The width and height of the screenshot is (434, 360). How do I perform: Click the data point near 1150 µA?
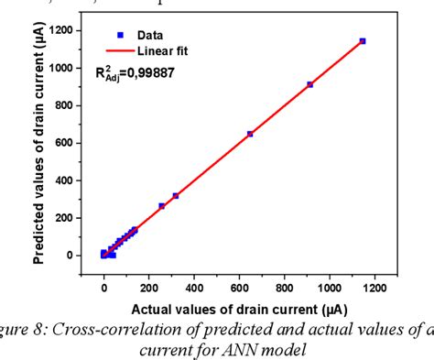pos(363,41)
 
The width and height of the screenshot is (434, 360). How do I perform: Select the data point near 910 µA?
pos(309,84)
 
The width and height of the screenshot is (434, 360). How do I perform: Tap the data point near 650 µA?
pos(250,134)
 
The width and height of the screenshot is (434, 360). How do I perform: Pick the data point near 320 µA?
pos(176,196)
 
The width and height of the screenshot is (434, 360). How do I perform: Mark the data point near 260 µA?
pos(162,206)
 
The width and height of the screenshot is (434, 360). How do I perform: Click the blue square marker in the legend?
pos(120,34)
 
